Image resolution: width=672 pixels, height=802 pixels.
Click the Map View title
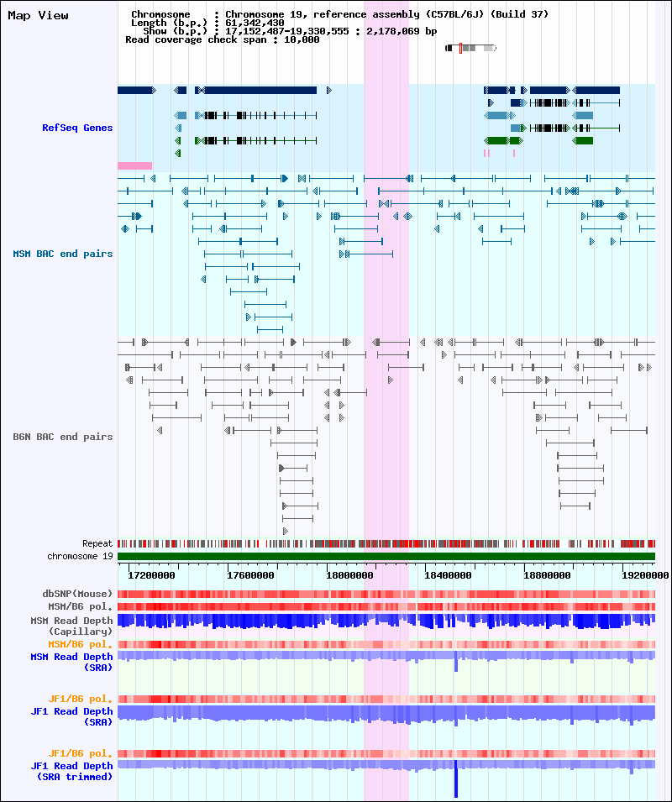point(38,15)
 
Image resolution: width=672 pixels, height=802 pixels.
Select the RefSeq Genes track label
point(77,128)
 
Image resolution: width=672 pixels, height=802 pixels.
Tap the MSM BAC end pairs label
point(63,253)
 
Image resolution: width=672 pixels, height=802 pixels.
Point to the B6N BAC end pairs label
point(63,437)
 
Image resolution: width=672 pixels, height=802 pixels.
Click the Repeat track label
point(97,543)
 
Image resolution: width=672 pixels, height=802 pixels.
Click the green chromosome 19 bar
point(386,556)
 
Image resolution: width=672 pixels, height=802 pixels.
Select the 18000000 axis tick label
point(349,575)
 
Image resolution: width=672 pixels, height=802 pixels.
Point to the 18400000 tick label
point(448,575)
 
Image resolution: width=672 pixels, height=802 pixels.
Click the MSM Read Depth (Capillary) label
point(72,625)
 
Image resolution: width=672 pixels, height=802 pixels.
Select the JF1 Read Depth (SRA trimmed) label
point(72,771)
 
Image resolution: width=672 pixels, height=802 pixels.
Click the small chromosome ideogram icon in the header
point(470,48)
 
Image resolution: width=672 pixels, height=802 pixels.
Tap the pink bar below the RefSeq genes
point(134,165)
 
